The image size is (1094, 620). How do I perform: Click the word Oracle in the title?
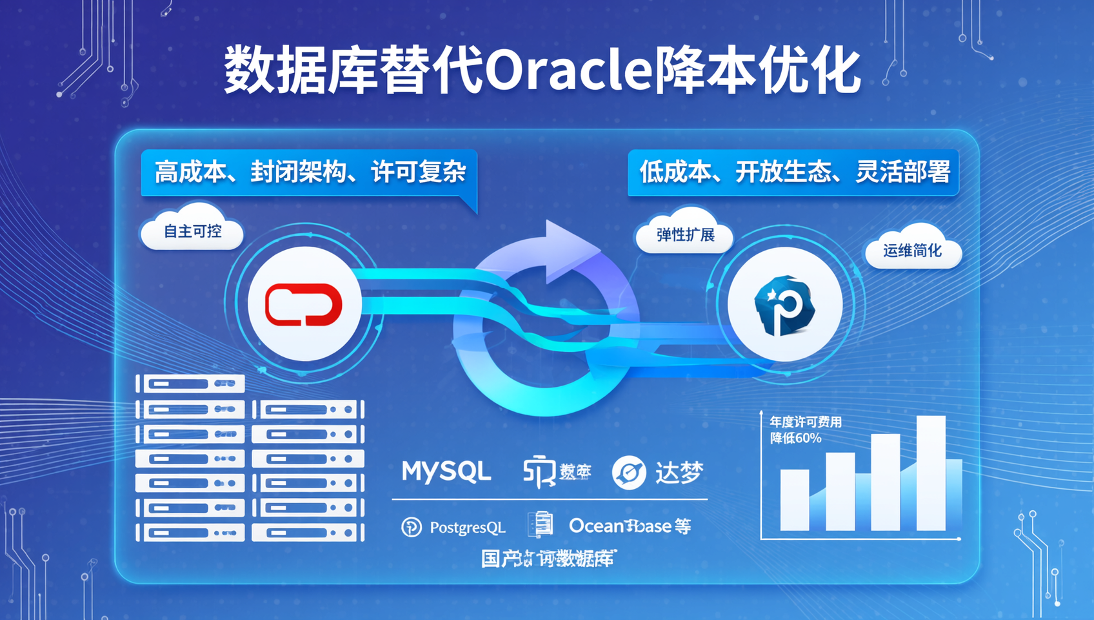(x=568, y=70)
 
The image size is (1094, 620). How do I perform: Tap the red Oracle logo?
(x=304, y=304)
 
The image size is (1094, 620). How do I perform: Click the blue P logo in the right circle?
(x=784, y=305)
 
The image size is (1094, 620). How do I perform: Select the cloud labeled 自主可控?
(x=192, y=231)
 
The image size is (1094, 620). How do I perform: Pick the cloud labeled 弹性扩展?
(x=685, y=234)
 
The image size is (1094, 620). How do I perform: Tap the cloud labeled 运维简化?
(x=912, y=251)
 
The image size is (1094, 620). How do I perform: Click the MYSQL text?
(x=446, y=471)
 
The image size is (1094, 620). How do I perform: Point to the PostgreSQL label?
(x=467, y=528)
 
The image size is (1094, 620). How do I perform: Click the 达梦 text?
(x=679, y=473)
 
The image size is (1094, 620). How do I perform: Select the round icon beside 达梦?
(x=629, y=473)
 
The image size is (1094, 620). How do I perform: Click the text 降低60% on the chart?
(x=796, y=439)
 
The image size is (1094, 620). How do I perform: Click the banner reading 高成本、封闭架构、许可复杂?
(x=309, y=172)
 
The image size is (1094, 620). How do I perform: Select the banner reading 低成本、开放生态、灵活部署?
(x=793, y=172)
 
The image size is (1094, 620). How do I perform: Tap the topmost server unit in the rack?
(x=190, y=384)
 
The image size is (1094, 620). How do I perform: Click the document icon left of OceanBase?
(x=541, y=524)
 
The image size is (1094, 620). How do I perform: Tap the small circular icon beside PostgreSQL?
(x=411, y=527)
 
